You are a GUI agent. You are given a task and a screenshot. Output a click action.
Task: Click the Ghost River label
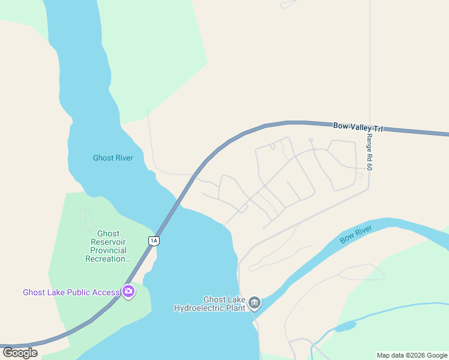coord(113,158)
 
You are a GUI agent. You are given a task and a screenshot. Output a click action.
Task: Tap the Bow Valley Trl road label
coord(358,127)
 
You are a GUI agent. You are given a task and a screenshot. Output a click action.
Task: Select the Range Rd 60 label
coord(370,152)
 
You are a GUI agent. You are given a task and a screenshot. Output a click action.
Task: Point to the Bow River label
coord(356,234)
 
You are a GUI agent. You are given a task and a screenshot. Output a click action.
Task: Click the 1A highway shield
coord(154,241)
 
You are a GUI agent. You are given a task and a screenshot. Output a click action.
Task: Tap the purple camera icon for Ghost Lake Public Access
coord(128,292)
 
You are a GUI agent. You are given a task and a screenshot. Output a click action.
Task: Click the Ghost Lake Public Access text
coord(71,292)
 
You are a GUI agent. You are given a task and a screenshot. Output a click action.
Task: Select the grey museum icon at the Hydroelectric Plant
coord(255,302)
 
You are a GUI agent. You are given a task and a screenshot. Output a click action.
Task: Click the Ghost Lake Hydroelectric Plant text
coord(210,304)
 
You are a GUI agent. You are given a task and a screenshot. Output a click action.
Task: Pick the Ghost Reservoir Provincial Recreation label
coord(108,246)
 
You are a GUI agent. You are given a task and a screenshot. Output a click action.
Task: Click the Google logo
coord(20,352)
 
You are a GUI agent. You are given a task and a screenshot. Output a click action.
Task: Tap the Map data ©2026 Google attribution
coord(412,355)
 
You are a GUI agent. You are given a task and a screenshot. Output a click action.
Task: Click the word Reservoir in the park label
coord(108,242)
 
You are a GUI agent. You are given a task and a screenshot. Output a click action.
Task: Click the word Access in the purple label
coord(106,292)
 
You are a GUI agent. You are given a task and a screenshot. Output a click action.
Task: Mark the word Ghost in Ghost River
coord(103,158)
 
